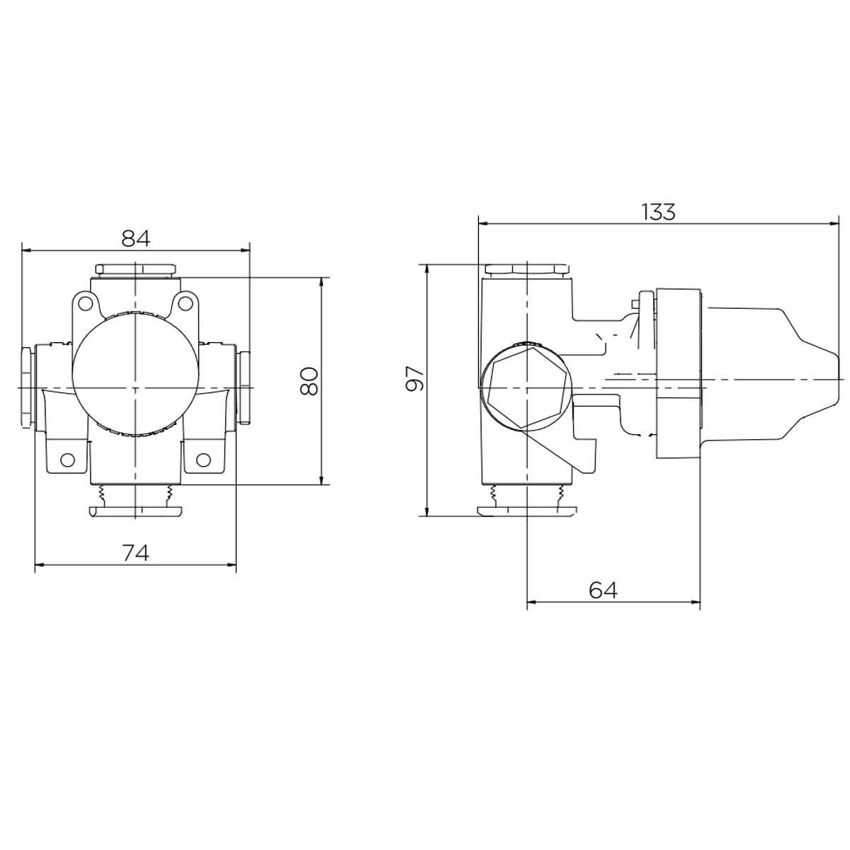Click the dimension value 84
point(136,238)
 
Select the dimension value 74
point(136,552)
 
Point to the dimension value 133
point(658,212)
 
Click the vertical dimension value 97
point(416,380)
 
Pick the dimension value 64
point(603,590)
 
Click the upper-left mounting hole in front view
point(85,305)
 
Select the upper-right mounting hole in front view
point(186,304)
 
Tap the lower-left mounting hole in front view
point(67,459)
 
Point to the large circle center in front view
point(135,387)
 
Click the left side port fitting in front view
point(25,387)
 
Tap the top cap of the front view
point(135,270)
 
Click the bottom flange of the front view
point(135,511)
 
